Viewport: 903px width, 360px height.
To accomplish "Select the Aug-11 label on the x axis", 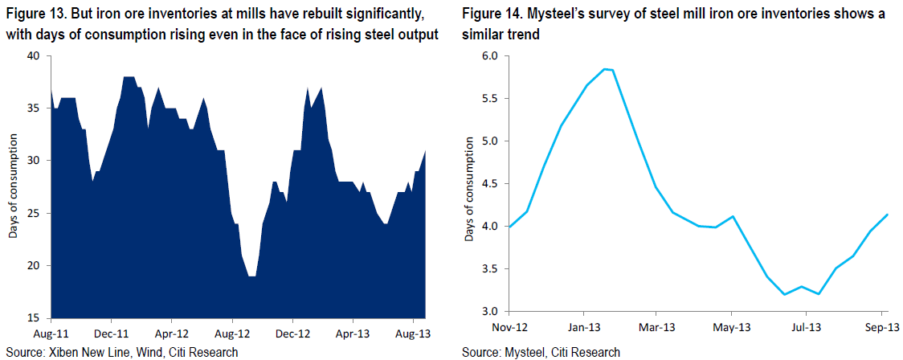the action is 51,333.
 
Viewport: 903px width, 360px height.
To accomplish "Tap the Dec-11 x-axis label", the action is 111,333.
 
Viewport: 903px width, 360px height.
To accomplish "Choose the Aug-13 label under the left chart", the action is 414,333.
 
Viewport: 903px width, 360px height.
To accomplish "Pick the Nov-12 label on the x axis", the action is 509,327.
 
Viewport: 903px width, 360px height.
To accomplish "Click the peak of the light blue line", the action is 604,69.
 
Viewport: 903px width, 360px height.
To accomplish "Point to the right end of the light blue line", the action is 888,215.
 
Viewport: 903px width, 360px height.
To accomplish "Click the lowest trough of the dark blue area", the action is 251,276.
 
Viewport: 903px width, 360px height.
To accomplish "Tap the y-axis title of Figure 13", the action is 13,186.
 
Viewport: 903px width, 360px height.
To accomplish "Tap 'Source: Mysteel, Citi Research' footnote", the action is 541,351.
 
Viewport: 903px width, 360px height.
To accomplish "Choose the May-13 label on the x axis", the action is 731,327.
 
